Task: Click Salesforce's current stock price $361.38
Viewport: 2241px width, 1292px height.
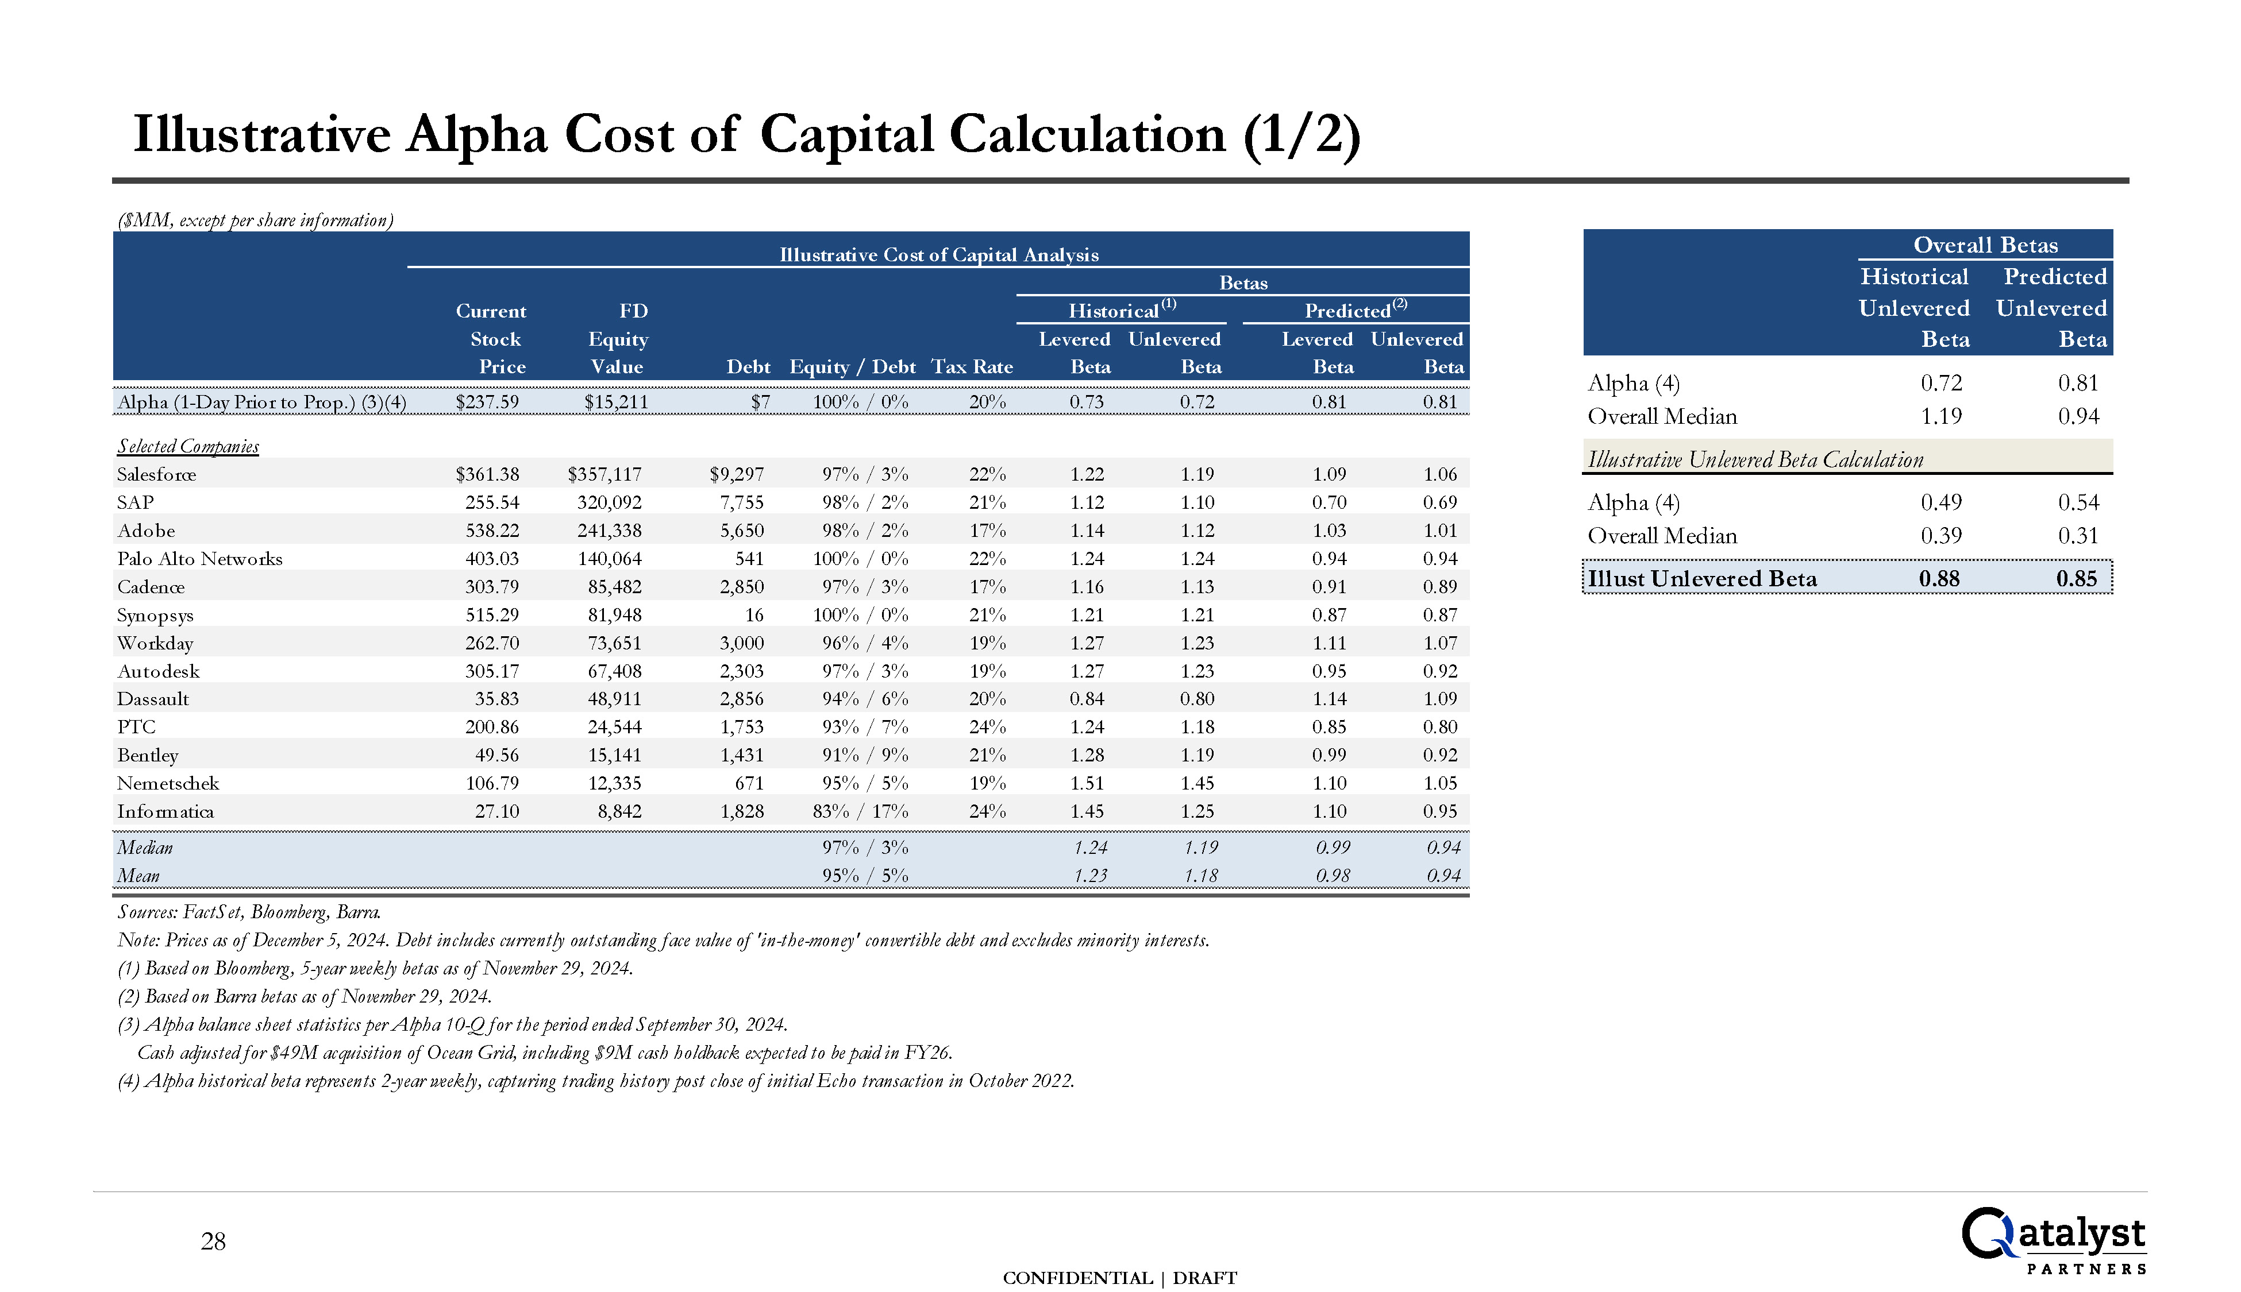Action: [x=487, y=475]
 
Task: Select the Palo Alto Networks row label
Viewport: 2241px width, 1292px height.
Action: [x=200, y=559]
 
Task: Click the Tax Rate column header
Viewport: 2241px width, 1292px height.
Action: [x=971, y=368]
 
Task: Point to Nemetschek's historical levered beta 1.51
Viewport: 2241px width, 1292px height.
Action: [x=1087, y=784]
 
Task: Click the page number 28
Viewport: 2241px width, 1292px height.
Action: [x=213, y=1241]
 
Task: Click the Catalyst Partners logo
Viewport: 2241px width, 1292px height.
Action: [x=2053, y=1240]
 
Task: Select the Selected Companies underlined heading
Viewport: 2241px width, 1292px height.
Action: [x=188, y=446]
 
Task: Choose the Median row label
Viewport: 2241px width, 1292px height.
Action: [x=145, y=848]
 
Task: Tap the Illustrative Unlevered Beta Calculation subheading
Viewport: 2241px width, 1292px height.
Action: [x=1755, y=459]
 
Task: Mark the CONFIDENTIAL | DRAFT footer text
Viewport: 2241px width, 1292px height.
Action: [x=1119, y=1278]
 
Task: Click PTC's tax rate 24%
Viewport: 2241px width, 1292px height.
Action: [x=987, y=728]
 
